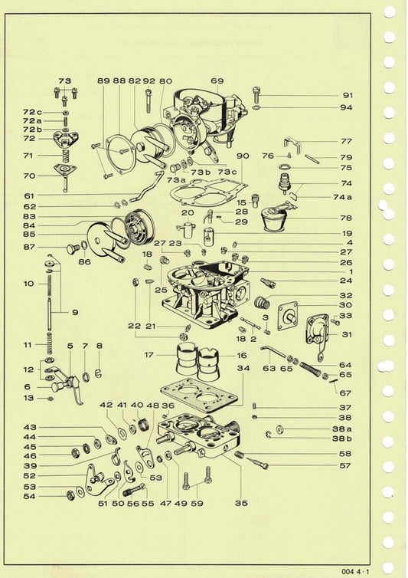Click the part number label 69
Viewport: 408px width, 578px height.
coord(217,80)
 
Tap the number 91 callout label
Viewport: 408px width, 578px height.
coord(348,96)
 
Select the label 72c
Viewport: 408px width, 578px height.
coord(32,112)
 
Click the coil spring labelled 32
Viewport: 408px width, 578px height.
coord(262,302)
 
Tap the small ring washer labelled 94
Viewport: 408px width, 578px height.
coord(256,107)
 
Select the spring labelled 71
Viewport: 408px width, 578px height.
coord(65,156)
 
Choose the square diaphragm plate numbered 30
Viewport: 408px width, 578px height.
coord(288,316)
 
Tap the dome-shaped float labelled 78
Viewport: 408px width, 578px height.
coord(274,220)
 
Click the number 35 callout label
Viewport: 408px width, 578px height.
coord(241,503)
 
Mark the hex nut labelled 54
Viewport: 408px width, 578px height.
coord(70,495)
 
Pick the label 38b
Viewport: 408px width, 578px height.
coord(341,438)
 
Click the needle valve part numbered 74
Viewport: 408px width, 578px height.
coord(284,184)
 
